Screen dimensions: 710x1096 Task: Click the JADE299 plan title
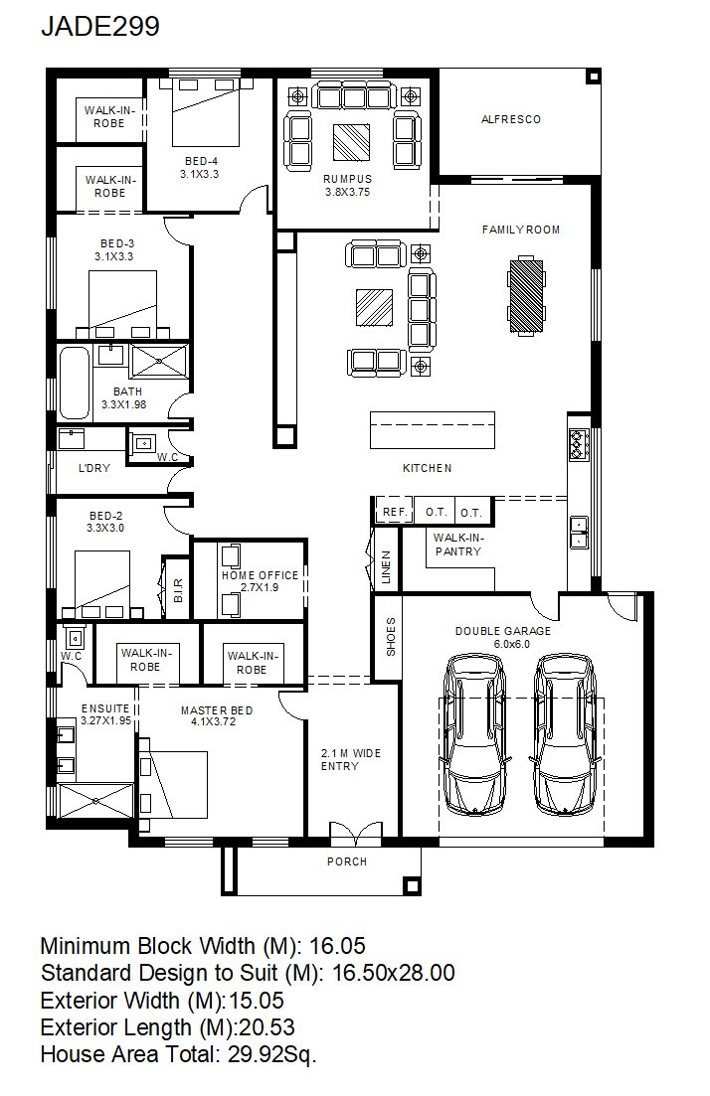(100, 26)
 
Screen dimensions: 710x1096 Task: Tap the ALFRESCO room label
(511, 119)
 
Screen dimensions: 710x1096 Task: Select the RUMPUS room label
(348, 179)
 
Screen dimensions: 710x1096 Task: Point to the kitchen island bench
(433, 430)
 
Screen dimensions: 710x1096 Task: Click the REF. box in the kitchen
(395, 512)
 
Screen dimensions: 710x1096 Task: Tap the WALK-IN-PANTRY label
(458, 545)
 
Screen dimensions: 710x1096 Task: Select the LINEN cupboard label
(387, 567)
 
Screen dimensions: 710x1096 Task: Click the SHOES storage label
(391, 637)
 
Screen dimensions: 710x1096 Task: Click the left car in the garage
(475, 735)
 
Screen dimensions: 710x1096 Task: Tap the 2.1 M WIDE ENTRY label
(350, 760)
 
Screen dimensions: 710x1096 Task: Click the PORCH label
(347, 861)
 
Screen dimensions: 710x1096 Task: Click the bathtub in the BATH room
(75, 383)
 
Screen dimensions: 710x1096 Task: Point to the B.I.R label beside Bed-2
(178, 590)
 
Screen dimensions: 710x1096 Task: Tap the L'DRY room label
(93, 468)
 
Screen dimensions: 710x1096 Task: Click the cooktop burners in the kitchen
(579, 444)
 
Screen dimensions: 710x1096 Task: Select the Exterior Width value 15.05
(257, 1001)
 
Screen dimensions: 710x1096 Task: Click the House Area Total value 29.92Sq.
(272, 1054)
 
